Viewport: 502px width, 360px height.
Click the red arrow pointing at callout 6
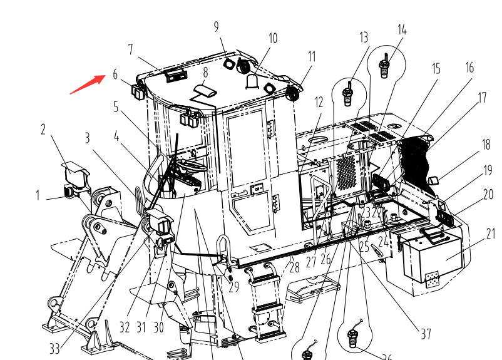[87, 84]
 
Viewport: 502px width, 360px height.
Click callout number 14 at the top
[402, 29]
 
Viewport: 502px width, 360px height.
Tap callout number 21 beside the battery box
[490, 234]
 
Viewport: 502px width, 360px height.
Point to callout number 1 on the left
[38, 195]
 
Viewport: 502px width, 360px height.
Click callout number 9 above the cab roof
[217, 26]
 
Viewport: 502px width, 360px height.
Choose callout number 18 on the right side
[486, 145]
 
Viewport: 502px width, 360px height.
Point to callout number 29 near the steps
[233, 287]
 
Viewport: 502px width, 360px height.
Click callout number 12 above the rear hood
[319, 101]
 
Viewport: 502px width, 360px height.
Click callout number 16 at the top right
[469, 68]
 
